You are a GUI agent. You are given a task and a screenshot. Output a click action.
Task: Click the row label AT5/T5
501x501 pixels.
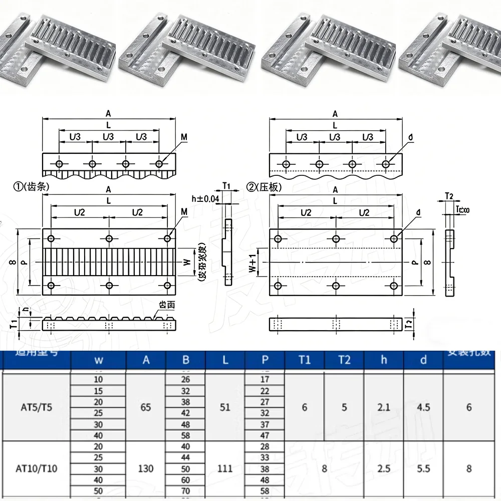pos(38,407)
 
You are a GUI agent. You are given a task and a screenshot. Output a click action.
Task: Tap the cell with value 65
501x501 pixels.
pos(146,407)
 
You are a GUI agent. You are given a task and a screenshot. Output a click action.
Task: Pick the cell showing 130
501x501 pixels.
pos(146,469)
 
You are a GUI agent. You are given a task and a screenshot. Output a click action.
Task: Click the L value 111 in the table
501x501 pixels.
pos(225,469)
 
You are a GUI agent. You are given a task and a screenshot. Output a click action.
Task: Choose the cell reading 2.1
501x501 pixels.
pos(383,407)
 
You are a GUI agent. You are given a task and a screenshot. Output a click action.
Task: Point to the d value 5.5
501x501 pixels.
pos(423,469)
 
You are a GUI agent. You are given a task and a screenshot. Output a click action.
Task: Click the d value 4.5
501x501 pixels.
pos(423,407)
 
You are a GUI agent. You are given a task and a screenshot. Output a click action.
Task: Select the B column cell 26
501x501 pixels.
pos(185,380)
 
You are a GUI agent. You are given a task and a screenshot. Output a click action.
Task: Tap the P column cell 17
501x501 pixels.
pos(265,380)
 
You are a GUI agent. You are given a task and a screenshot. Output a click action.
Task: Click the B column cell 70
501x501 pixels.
pos(185,491)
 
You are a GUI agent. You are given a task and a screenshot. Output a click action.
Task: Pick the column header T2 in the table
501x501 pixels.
pos(344,360)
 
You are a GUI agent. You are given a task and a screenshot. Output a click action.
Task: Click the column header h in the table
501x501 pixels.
pos(383,360)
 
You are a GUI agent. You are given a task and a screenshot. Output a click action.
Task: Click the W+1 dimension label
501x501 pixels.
pos(253,261)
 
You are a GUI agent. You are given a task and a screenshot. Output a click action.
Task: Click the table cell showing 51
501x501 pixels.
pos(225,407)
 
